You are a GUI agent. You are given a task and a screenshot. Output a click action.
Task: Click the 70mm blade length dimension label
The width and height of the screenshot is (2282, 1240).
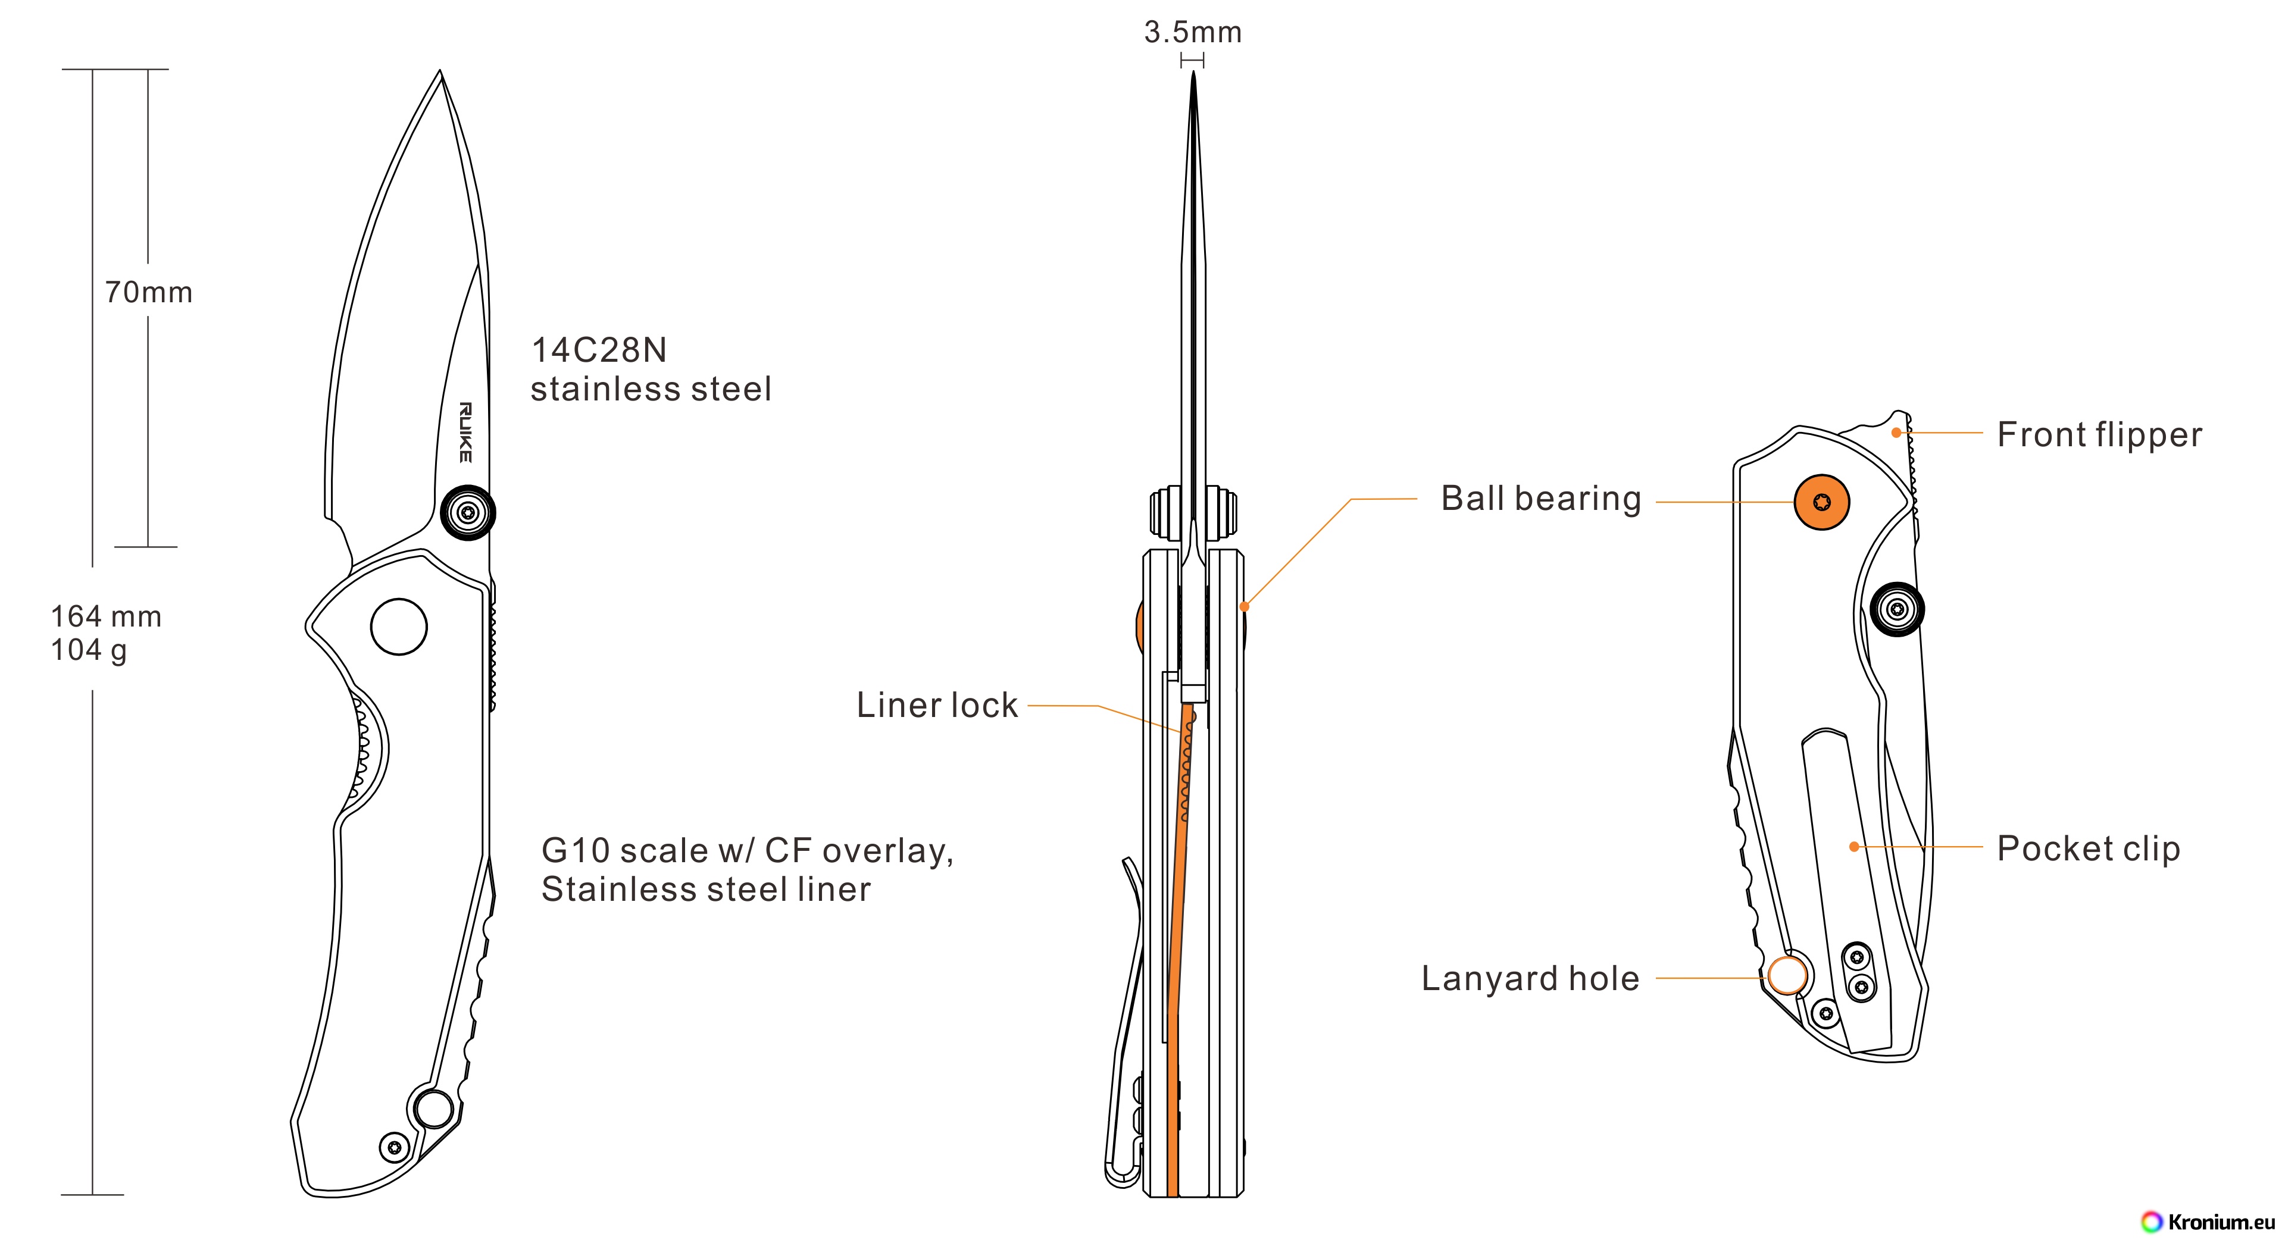(x=148, y=292)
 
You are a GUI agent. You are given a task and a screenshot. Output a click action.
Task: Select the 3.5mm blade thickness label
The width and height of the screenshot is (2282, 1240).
(x=1192, y=33)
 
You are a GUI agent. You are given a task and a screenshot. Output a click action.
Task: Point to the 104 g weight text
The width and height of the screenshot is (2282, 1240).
(x=89, y=650)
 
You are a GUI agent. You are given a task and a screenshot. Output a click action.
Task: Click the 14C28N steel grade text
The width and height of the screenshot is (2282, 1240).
(x=599, y=350)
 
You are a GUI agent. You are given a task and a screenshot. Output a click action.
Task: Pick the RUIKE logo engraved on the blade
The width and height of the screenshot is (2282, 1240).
(x=465, y=432)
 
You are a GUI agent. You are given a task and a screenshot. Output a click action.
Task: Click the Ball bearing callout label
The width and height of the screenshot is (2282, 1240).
(x=1540, y=499)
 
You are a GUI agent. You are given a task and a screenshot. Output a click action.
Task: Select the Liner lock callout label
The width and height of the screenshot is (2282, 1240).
(x=936, y=705)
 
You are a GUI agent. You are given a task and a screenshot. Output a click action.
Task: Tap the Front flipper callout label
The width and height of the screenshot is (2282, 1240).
(x=2099, y=435)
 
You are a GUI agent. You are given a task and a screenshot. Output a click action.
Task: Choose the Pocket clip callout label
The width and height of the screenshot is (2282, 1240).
(x=2088, y=848)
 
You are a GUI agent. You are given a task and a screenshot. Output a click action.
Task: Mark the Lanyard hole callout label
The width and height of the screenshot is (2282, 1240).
(x=1530, y=979)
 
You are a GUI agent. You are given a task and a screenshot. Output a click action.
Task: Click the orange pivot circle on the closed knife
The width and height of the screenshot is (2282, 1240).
(x=1821, y=502)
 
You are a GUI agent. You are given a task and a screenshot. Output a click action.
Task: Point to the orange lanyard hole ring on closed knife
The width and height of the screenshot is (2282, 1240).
(x=1787, y=975)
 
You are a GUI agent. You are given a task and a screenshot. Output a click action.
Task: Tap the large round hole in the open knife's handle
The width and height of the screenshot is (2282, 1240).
(x=399, y=626)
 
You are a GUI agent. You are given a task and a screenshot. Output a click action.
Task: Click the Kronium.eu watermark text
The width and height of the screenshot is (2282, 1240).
(x=2220, y=1222)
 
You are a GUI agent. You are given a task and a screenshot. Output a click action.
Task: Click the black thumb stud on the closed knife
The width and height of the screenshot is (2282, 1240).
(x=1897, y=609)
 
